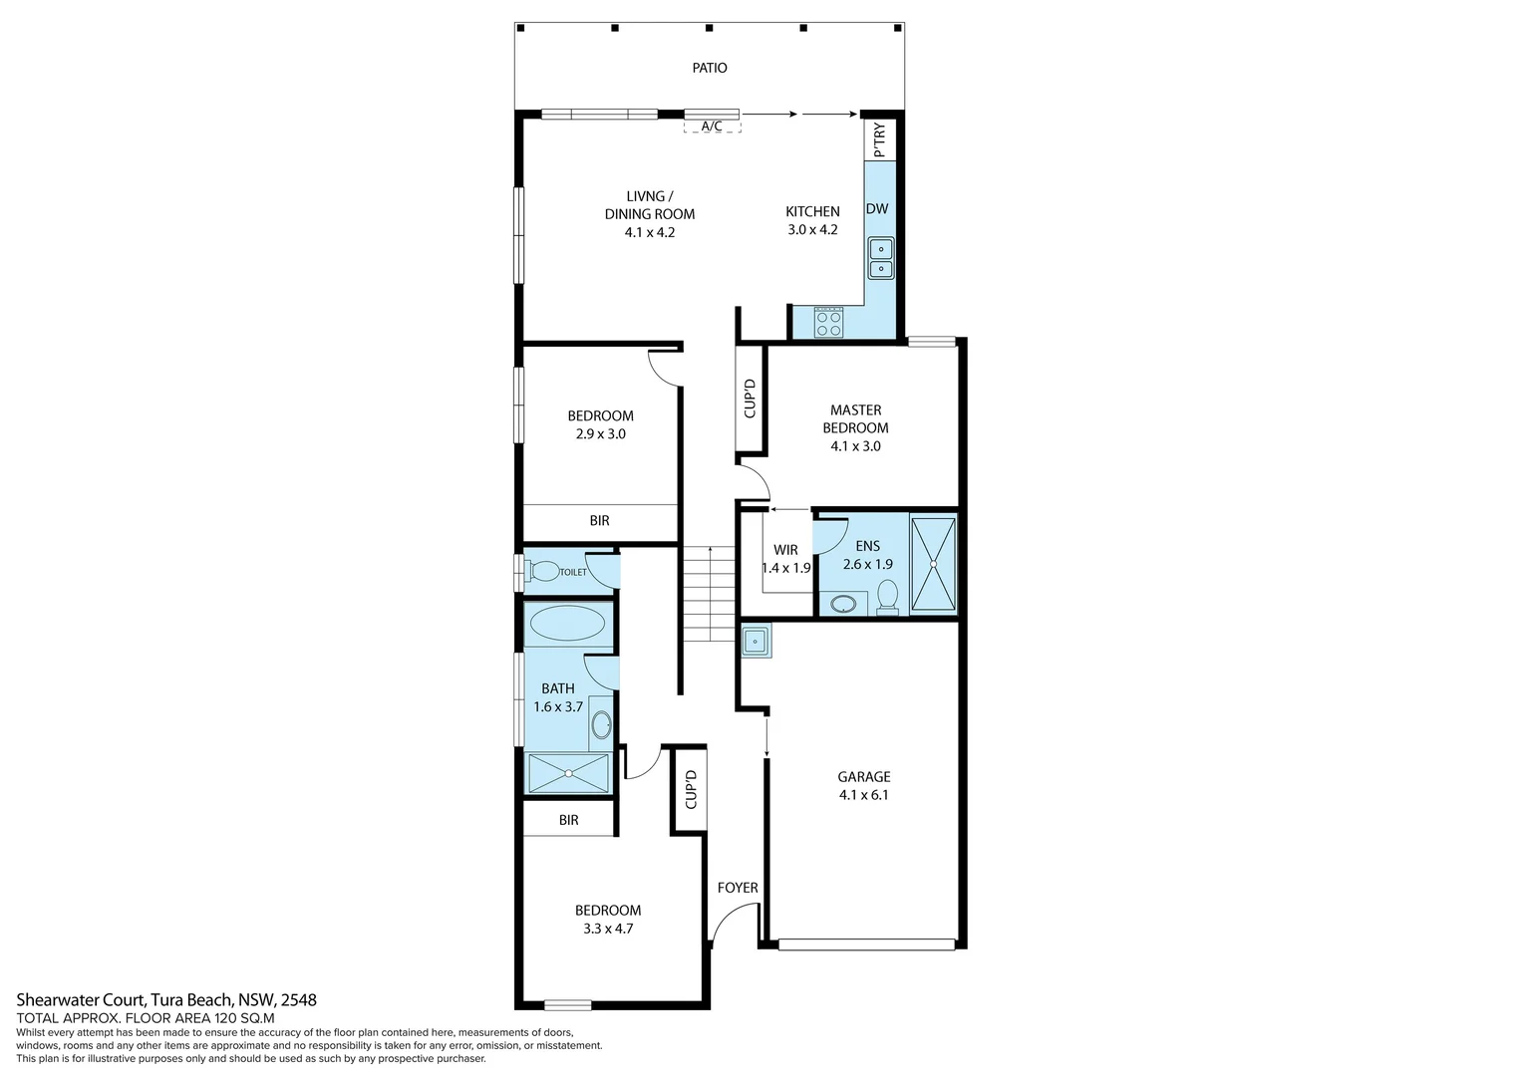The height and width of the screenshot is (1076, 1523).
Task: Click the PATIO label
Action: (x=710, y=68)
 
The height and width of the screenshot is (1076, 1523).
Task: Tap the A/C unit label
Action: (x=712, y=127)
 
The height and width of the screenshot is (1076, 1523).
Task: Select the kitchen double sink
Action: (x=881, y=258)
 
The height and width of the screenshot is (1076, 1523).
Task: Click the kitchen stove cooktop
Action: (x=828, y=322)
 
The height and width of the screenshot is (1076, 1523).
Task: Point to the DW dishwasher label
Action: (x=877, y=209)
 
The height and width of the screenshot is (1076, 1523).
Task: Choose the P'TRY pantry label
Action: (x=879, y=140)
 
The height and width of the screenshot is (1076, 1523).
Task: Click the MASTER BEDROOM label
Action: (x=855, y=418)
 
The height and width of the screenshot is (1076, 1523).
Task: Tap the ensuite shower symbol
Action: (x=933, y=564)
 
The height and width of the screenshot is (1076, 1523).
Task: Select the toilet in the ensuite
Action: (x=887, y=597)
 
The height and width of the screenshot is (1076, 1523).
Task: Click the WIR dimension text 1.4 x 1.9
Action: (x=786, y=568)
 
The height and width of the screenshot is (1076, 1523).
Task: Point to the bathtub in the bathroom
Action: (x=566, y=625)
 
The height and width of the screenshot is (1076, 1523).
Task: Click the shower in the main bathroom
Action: (x=568, y=773)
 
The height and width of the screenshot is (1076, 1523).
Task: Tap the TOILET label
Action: (x=573, y=572)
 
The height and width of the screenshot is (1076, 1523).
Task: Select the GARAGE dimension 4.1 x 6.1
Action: (x=863, y=795)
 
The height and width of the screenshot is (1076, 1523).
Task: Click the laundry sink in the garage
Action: (x=756, y=641)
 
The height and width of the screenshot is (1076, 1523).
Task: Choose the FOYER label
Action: (x=738, y=888)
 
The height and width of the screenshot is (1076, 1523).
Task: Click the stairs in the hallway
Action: (x=709, y=594)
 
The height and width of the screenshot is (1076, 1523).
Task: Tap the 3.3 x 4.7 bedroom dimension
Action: (x=608, y=929)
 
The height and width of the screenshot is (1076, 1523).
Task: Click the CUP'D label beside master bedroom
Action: (x=750, y=399)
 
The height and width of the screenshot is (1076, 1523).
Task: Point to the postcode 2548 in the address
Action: (x=299, y=999)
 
